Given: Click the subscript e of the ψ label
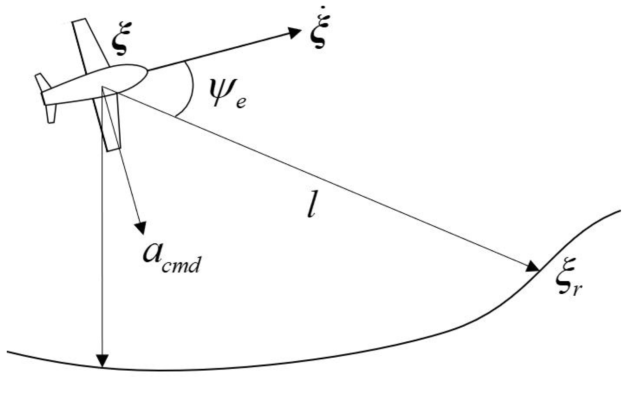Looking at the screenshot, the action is click(241, 102).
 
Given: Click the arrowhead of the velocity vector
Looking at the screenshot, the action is click(294, 32).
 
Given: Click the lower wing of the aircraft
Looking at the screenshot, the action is click(111, 126).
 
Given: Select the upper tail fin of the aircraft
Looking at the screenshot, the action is click(42, 82).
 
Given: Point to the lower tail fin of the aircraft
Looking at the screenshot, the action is click(51, 114).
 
